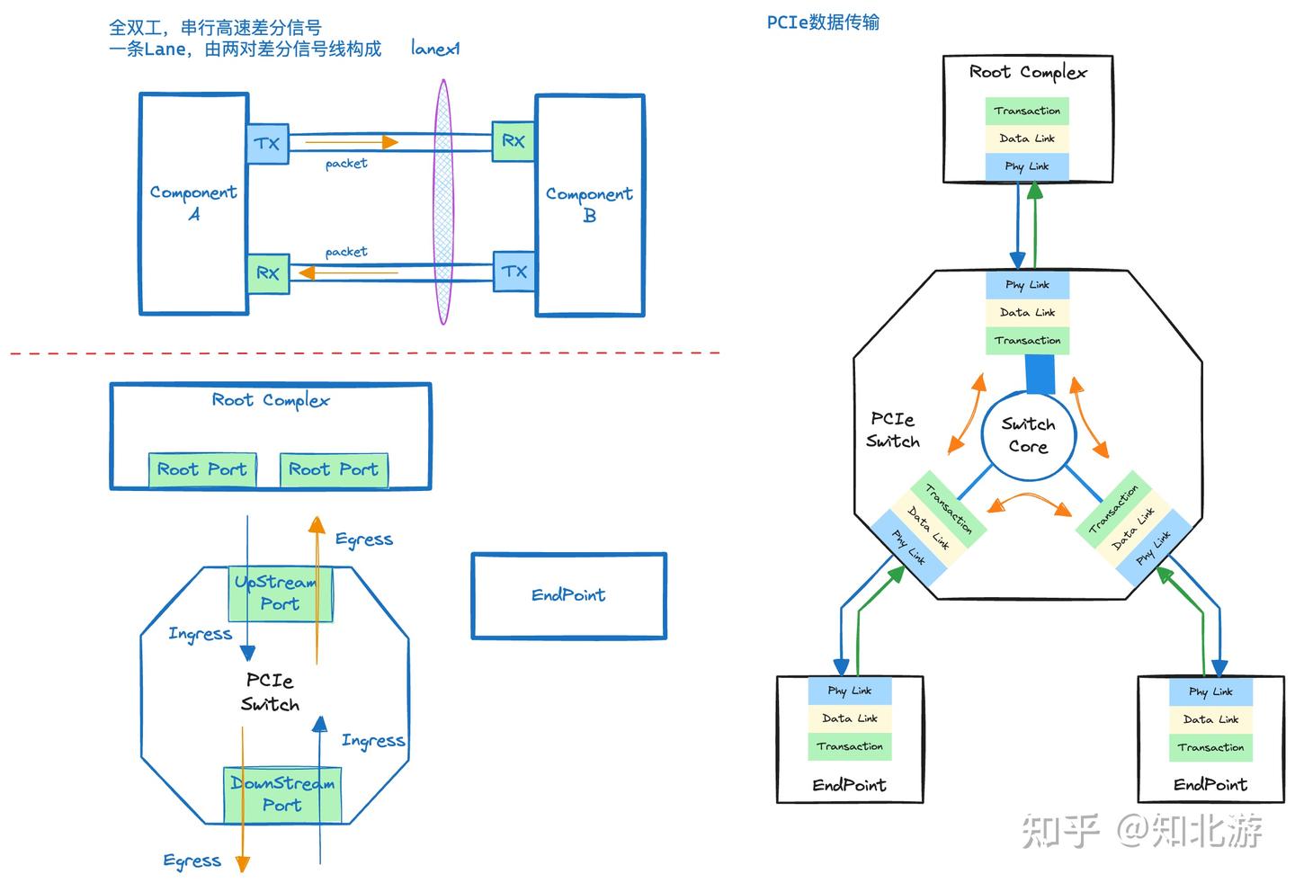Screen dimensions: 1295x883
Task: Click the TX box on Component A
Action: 268,143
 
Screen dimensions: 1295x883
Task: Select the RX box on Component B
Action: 514,141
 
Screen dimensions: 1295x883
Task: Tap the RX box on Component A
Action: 268,274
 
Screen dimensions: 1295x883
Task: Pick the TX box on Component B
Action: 514,271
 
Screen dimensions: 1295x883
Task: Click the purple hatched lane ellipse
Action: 443,201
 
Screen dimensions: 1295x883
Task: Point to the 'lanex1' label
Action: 435,49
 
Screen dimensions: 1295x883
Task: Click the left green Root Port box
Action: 202,469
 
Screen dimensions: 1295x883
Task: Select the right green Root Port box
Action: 335,469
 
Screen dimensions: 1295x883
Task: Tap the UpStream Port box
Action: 281,594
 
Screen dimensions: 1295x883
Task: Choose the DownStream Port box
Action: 282,795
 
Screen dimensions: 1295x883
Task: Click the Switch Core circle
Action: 1029,435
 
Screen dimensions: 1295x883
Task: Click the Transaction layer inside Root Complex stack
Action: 1027,111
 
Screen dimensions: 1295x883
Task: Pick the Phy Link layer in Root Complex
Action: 1027,167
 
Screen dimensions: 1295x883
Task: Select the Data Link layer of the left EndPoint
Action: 850,718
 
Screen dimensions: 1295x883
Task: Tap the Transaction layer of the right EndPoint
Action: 1210,748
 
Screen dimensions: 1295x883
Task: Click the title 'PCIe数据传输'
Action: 823,22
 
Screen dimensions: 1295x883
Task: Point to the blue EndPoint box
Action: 569,596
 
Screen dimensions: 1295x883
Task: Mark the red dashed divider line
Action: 365,352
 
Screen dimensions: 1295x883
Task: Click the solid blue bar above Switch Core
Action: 1040,374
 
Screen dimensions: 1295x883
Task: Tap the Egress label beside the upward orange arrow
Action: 364,540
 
